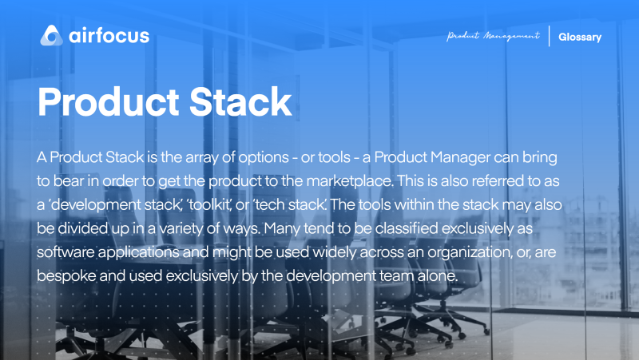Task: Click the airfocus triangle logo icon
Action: (51, 35)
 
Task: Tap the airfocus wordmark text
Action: (108, 36)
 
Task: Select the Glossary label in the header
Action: (579, 37)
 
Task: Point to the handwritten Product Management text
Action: (493, 37)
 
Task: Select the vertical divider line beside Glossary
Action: (550, 37)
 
